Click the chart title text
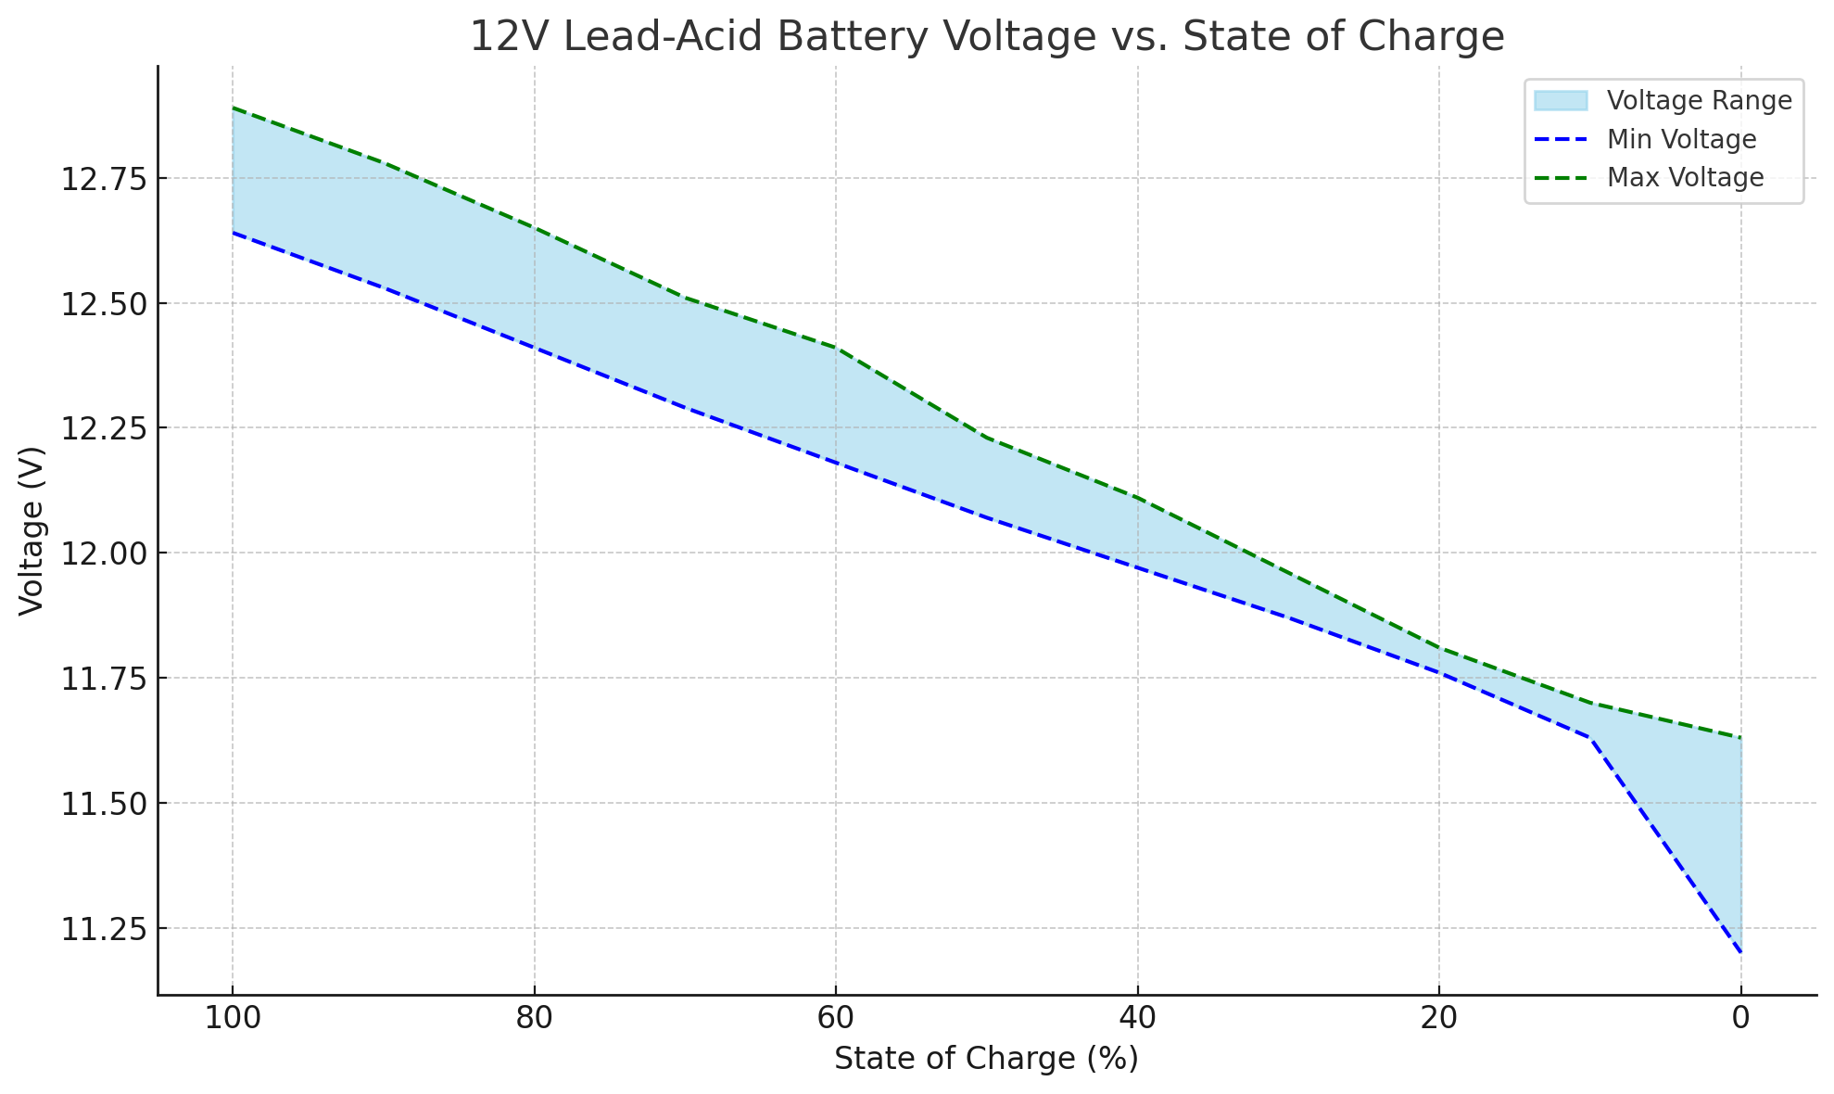[x=987, y=37]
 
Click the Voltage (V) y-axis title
[x=32, y=530]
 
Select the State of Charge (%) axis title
[x=986, y=1059]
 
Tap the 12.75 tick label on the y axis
[x=104, y=179]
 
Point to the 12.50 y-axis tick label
[x=104, y=304]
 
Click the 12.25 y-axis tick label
[x=104, y=429]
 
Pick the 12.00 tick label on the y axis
[x=104, y=554]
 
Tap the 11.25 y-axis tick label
[x=104, y=929]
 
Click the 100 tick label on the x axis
[x=232, y=1019]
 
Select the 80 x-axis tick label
[x=534, y=1019]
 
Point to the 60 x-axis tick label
[x=836, y=1019]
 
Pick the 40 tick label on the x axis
[x=1137, y=1019]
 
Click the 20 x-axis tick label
[x=1439, y=1019]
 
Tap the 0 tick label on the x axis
[x=1741, y=1019]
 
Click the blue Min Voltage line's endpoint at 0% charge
[x=1741, y=952]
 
